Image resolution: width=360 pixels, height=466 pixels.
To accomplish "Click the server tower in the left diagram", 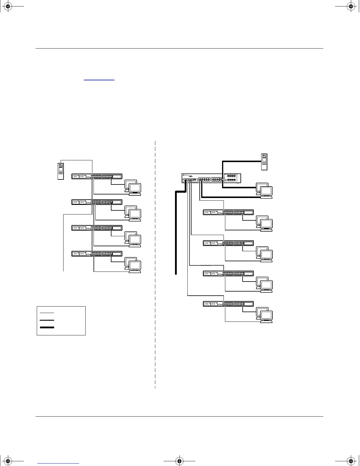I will point(61,171).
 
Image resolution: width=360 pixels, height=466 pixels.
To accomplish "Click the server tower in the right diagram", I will point(264,162).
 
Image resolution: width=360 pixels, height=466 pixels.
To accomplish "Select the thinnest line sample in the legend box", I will point(47,312).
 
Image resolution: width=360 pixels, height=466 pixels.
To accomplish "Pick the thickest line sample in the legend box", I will point(47,327).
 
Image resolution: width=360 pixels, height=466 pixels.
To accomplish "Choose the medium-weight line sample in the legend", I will point(47,320).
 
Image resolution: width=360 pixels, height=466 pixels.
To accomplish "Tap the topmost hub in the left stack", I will point(97,177).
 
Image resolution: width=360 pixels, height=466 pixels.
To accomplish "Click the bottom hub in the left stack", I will point(97,254).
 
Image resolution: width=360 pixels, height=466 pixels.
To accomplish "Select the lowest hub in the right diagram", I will point(228,304).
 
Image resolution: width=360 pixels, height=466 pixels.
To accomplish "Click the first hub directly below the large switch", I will point(228,212).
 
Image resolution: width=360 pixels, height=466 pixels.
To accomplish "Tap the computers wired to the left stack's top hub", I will point(133,187).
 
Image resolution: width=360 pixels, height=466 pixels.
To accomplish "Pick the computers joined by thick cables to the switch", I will point(264,190).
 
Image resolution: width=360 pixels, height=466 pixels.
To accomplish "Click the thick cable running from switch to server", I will point(241,161).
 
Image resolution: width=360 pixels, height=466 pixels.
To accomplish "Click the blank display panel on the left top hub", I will point(117,177).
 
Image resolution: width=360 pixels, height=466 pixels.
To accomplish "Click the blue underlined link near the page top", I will point(99,80).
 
